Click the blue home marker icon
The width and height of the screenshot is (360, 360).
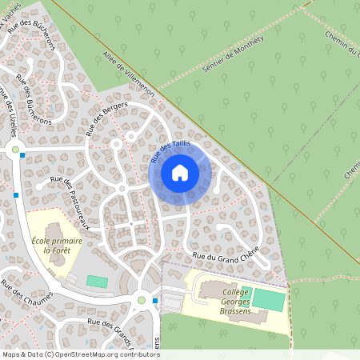click(x=180, y=172)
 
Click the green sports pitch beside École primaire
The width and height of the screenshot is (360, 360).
click(x=97, y=281)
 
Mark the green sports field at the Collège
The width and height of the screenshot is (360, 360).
click(x=269, y=300)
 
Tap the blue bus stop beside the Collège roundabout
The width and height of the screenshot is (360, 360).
click(x=156, y=301)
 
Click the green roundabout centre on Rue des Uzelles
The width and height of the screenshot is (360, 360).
click(x=14, y=150)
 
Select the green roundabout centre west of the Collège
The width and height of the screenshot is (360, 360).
click(x=142, y=300)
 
